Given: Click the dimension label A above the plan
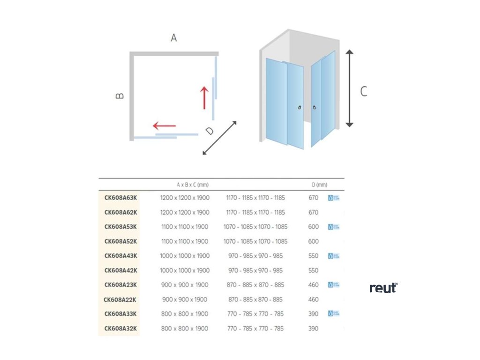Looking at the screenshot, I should click(173, 38).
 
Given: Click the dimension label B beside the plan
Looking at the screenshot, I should click(120, 96).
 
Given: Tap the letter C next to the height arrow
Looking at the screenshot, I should click(363, 91).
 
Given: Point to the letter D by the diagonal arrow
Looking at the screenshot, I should click(210, 131).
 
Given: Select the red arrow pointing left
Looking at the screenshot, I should click(164, 126).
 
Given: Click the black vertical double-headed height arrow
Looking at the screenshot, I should click(349, 89).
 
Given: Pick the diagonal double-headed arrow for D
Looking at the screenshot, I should click(219, 138).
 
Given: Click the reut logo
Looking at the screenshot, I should click(383, 288).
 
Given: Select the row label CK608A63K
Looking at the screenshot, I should click(120, 198).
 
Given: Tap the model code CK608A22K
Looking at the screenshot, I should click(120, 300).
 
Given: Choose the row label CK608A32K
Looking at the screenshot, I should click(120, 329).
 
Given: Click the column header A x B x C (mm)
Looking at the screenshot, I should click(193, 185).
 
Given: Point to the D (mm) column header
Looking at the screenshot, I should click(319, 185).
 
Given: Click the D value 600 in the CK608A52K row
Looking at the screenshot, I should click(314, 241).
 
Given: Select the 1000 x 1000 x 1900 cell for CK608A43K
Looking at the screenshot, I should click(185, 256).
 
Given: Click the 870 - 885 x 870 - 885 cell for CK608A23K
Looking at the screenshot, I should click(255, 285).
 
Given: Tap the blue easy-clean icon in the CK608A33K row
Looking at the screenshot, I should click(334, 314).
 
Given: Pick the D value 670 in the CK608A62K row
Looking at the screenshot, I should click(314, 212).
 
